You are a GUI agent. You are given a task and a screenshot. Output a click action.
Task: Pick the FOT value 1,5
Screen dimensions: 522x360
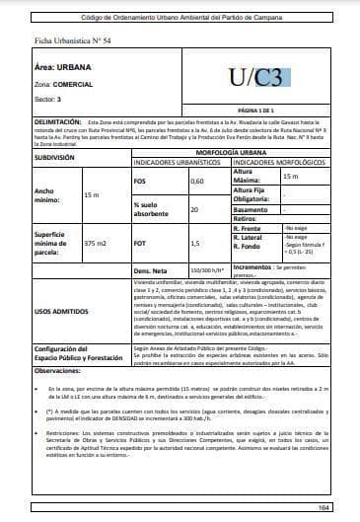[195, 243]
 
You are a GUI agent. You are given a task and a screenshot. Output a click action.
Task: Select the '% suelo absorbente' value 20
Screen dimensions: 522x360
[194, 210]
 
